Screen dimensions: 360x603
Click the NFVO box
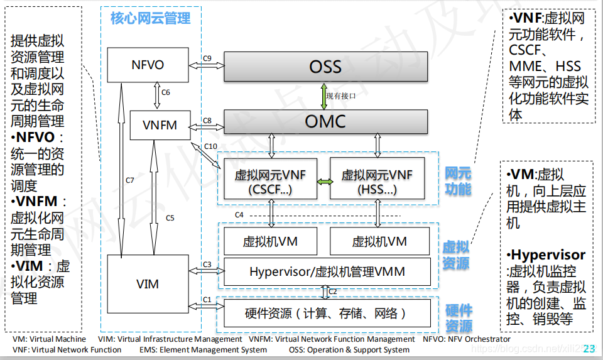[148, 65]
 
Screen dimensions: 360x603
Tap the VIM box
[148, 284]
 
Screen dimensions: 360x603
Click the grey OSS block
[325, 66]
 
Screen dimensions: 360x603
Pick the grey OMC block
[325, 121]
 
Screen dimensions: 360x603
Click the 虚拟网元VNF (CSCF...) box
[269, 182]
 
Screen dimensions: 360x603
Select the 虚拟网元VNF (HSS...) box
[377, 182]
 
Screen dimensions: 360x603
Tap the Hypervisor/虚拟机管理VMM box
[327, 271]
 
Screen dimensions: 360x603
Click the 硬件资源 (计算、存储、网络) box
[327, 313]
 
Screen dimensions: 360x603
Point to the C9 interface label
[207, 58]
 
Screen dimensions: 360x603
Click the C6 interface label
[165, 92]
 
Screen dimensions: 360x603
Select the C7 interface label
[129, 180]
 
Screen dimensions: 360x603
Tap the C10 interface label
[211, 146]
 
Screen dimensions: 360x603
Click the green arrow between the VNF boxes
[324, 182]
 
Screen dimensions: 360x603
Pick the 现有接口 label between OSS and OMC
[341, 95]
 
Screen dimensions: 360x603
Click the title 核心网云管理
[150, 19]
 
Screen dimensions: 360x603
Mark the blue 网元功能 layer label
[458, 180]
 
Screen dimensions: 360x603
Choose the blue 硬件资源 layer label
[458, 318]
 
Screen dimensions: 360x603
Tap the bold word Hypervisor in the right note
[548, 255]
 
